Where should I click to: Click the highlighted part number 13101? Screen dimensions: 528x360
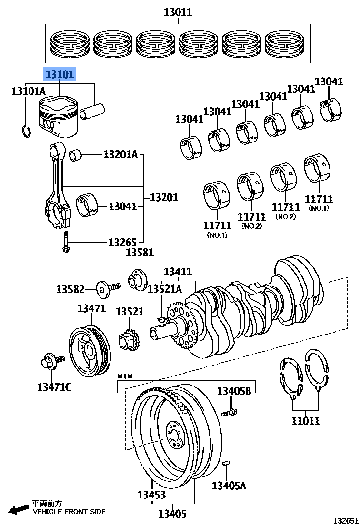pos(60,75)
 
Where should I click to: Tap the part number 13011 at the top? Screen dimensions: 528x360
pos(178,12)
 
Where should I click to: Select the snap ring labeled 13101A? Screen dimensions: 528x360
pos(27,131)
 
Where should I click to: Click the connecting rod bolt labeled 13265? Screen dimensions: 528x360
pos(65,244)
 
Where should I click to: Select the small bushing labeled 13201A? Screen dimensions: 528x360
pos(76,155)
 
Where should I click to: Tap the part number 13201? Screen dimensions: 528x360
pos(164,197)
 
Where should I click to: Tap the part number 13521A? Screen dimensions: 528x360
pos(164,289)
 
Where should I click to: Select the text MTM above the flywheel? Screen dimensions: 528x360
pos(125,376)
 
